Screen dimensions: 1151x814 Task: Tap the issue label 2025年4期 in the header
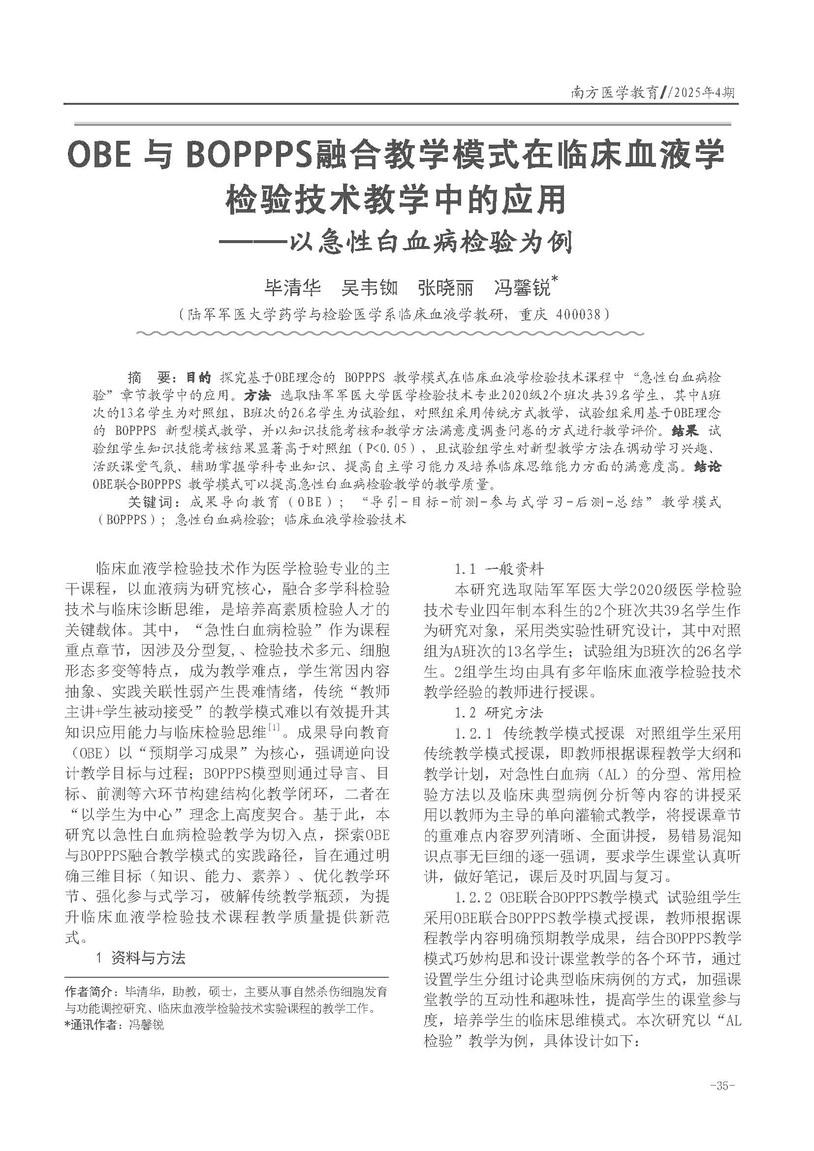pyautogui.click(x=700, y=93)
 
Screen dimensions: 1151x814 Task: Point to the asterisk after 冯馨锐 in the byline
pyautogui.click(x=554, y=279)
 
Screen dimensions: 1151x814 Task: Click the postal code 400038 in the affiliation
pyautogui.click(x=576, y=314)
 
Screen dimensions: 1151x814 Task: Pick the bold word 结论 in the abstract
pyautogui.click(x=707, y=466)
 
